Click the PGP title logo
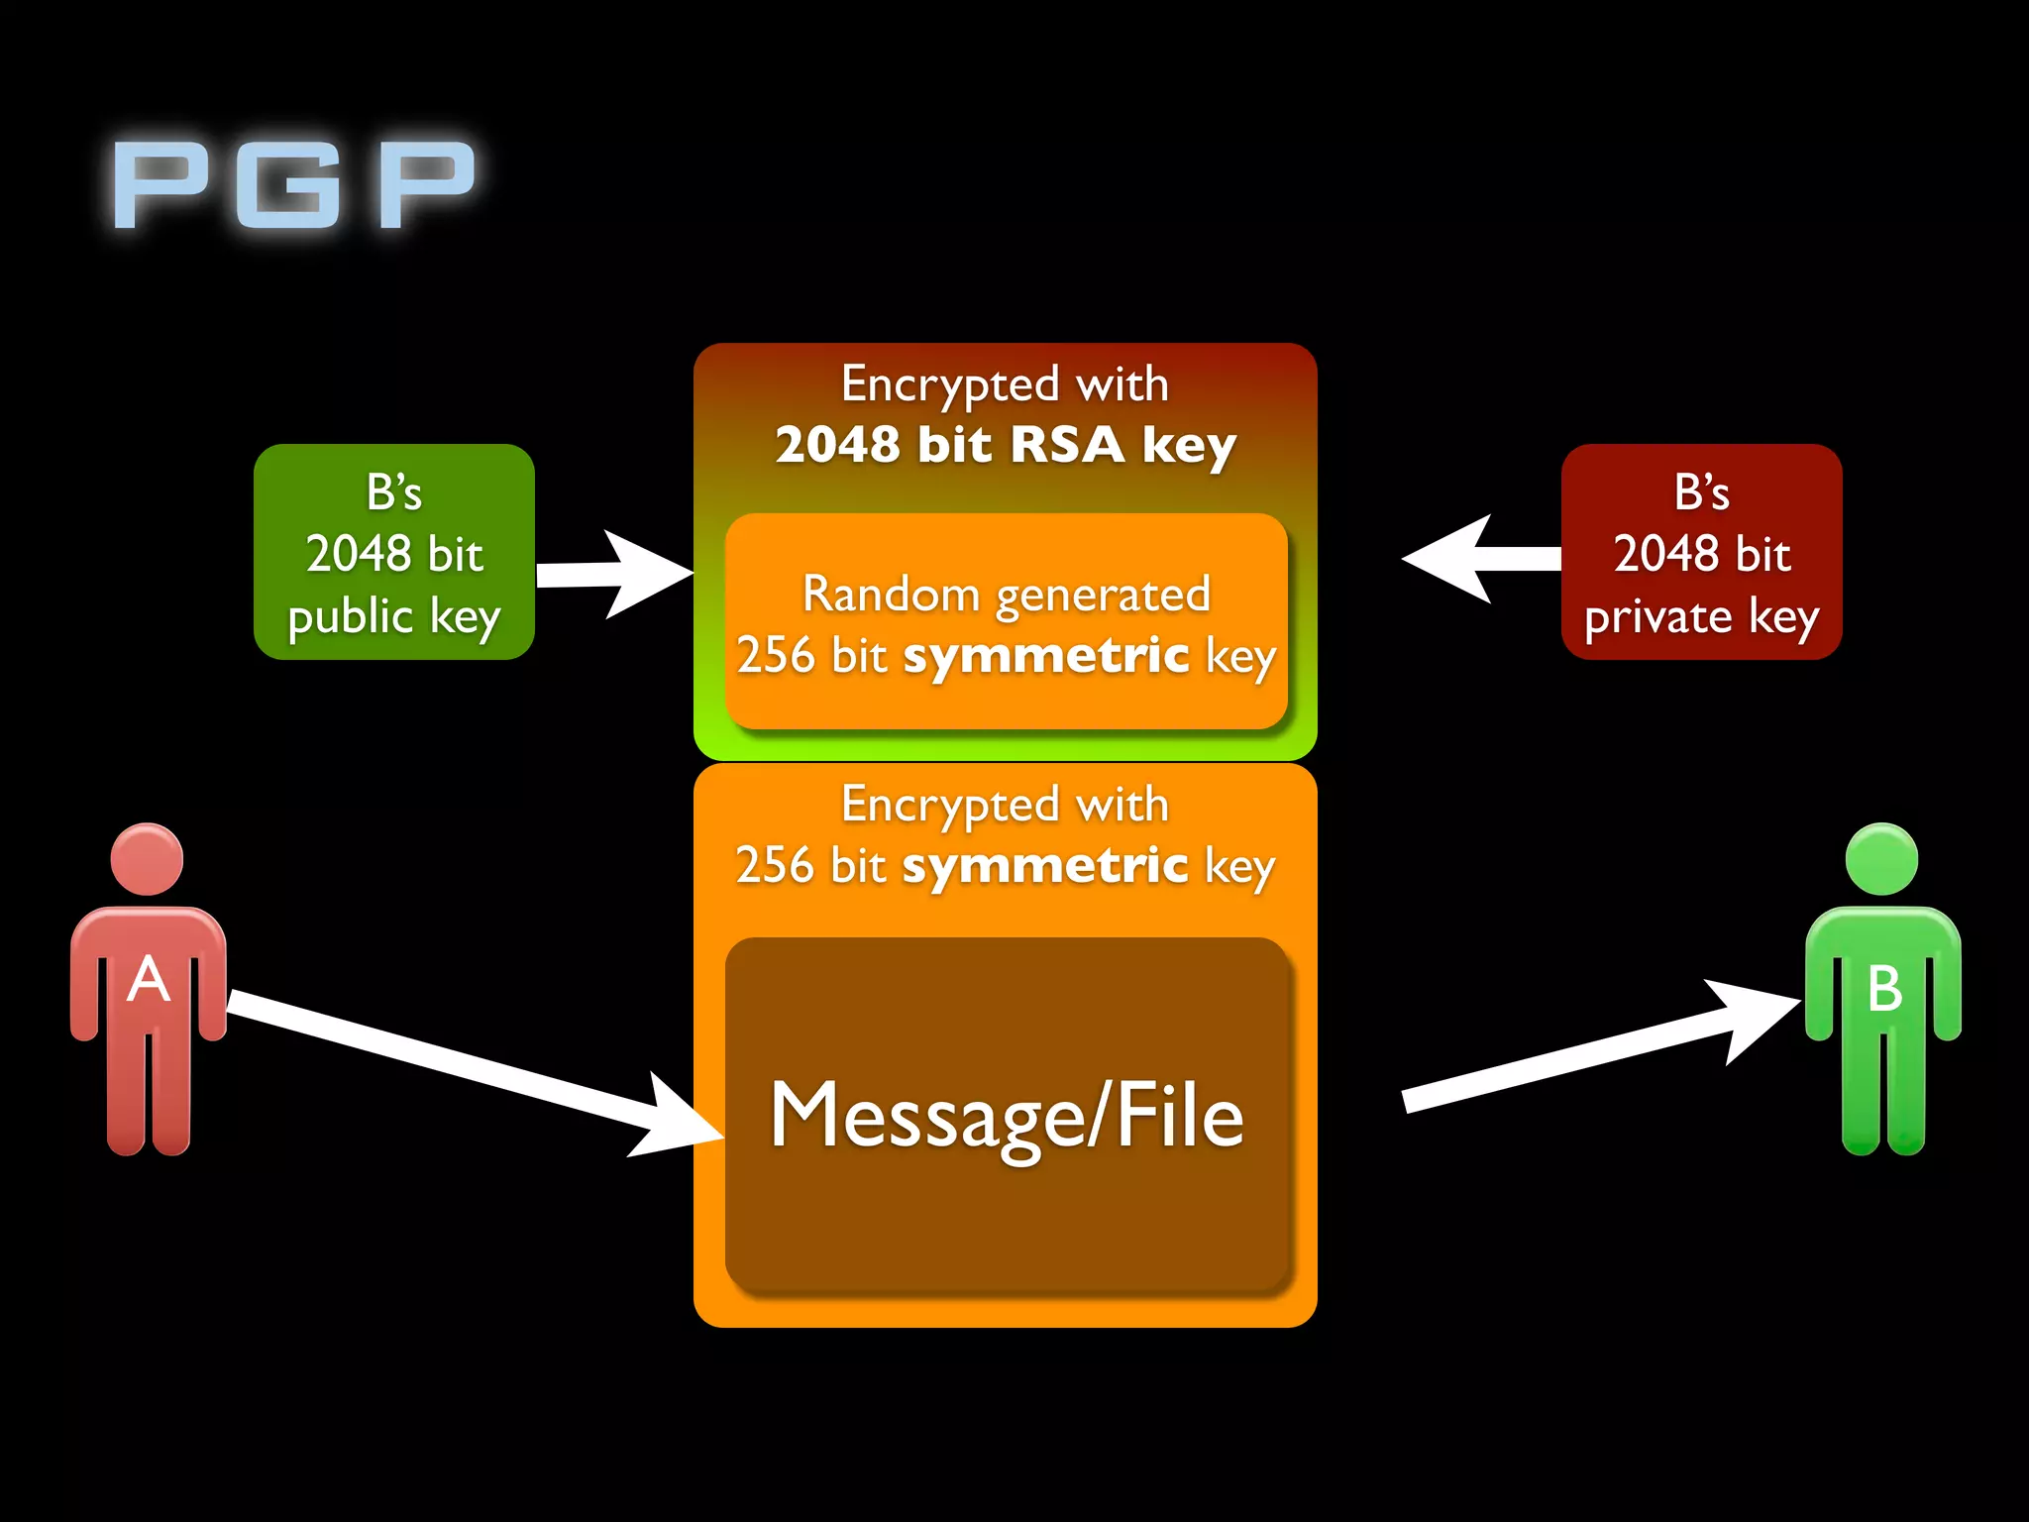(294, 184)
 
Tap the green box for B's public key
(393, 552)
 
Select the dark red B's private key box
(1701, 552)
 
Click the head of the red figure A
(147, 859)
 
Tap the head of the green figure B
(1881, 859)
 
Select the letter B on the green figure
(1883, 988)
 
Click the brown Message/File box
(1008, 1115)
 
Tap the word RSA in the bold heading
(1067, 444)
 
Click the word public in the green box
(350, 618)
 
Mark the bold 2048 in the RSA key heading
(837, 444)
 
